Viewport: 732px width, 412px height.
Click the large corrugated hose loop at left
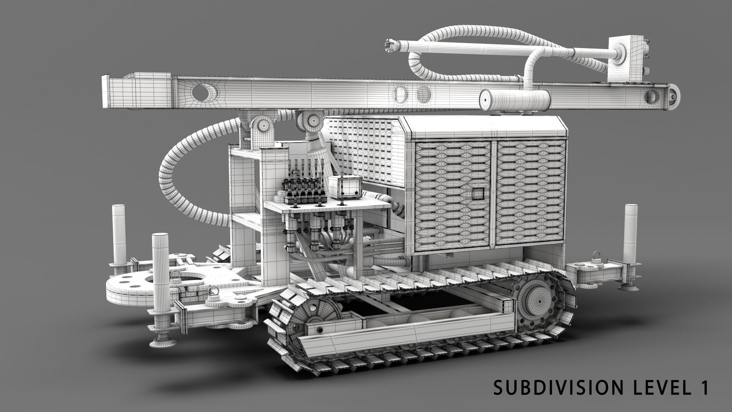(179, 179)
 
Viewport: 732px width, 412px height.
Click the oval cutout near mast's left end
(204, 93)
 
